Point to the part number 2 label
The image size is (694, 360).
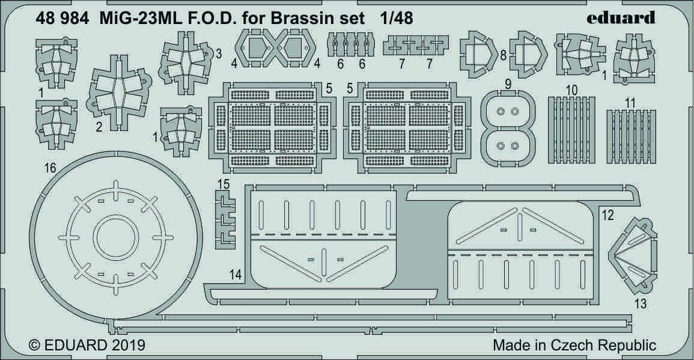pos(98,126)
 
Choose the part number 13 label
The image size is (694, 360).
pos(641,304)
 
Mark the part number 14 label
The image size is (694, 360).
pos(236,275)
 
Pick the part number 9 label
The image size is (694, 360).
pos(508,85)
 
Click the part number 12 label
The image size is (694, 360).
pos(608,215)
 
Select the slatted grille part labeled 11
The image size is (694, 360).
pos(630,130)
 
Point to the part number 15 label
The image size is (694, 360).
pos(223,185)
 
